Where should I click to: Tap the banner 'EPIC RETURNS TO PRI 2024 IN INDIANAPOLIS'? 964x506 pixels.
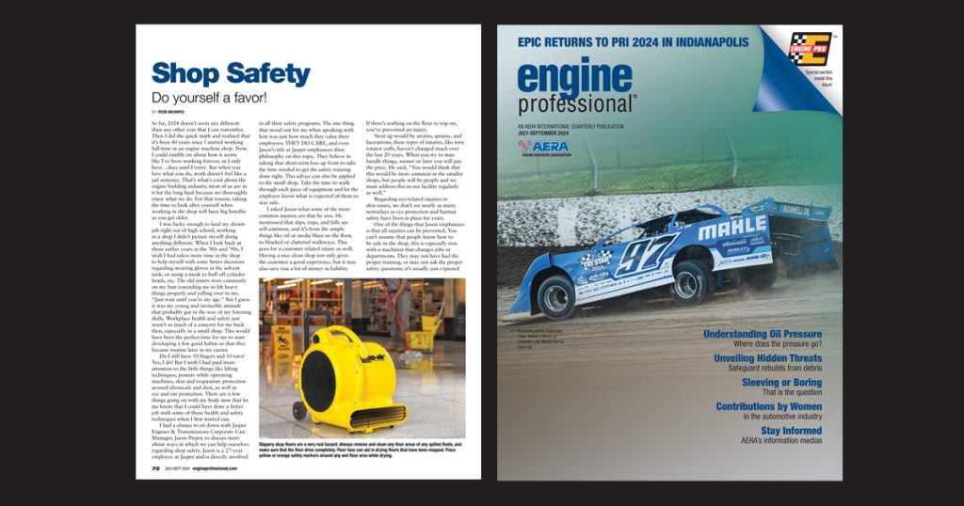634,42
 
